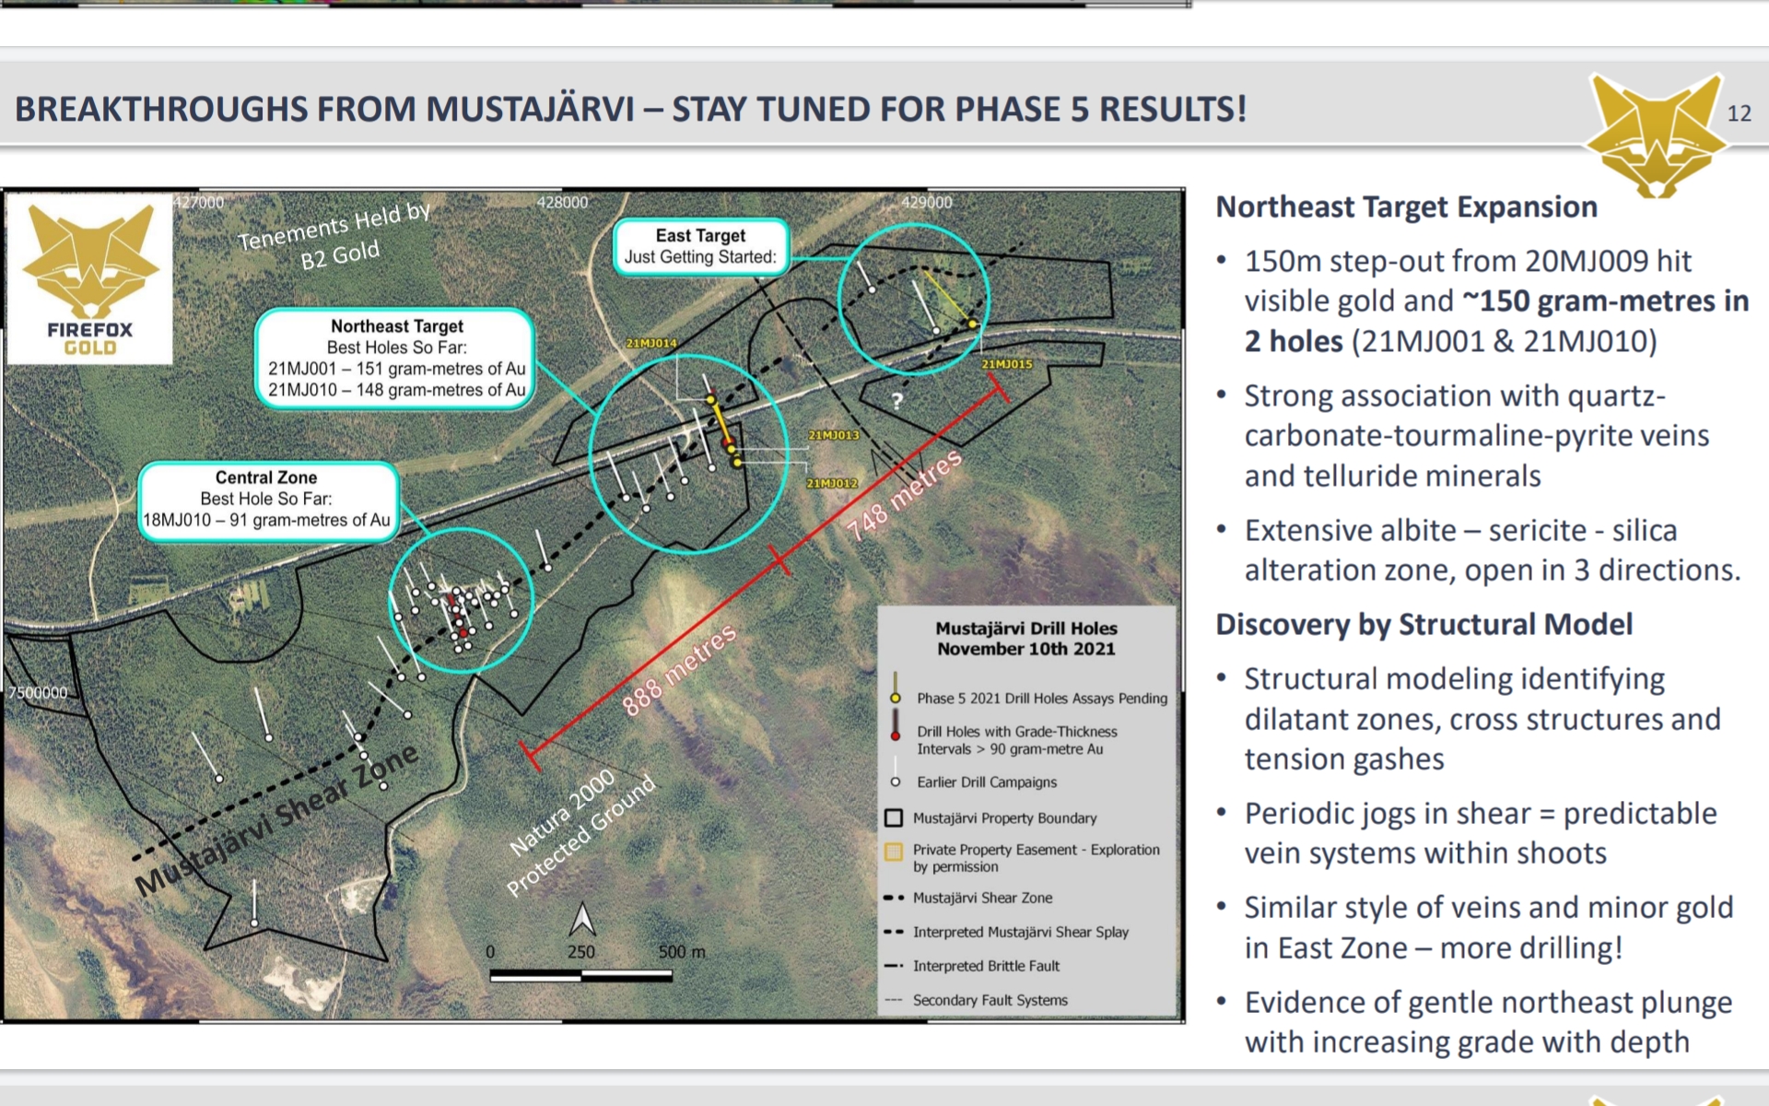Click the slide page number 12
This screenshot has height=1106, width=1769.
[x=1739, y=113]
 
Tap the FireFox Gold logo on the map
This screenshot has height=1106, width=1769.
[x=89, y=277]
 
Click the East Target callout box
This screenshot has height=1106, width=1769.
[x=700, y=246]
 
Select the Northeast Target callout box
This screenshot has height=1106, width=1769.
[x=396, y=358]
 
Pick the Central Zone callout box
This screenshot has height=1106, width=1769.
[x=267, y=499]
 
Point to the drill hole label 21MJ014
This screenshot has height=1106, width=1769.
[x=651, y=343]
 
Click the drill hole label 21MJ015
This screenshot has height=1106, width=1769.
[x=1007, y=364]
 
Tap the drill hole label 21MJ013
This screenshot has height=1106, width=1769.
[x=834, y=435]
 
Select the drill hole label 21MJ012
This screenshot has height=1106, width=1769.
[x=833, y=483]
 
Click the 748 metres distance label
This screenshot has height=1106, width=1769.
[x=905, y=494]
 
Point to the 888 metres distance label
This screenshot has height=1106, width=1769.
[x=680, y=670]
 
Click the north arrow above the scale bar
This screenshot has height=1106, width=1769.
[x=582, y=919]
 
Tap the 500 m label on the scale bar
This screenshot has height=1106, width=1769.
[x=682, y=951]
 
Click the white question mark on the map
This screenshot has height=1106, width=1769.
[x=897, y=400]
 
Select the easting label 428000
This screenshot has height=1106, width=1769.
[x=562, y=202]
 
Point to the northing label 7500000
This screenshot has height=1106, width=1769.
[x=38, y=692]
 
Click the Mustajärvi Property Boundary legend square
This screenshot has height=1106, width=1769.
[x=894, y=818]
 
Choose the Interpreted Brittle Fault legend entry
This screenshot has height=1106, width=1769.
[x=972, y=966]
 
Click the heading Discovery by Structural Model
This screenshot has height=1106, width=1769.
[x=1423, y=624]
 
